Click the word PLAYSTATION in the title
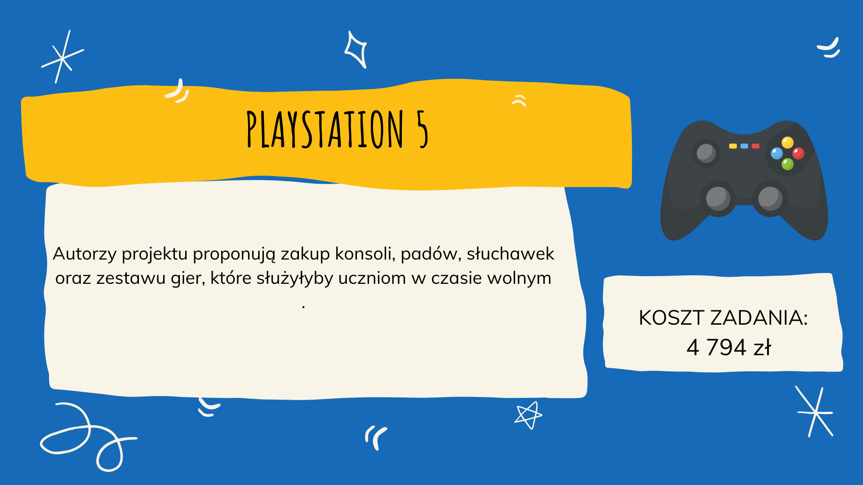tap(325, 129)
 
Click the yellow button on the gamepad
tap(787, 143)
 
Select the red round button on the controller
tap(798, 154)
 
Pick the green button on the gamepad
tap(787, 164)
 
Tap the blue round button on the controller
tap(777, 154)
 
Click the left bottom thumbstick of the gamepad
tap(718, 198)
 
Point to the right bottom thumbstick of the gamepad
tap(770, 198)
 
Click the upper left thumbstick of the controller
tap(706, 153)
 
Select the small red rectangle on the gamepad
tap(756, 146)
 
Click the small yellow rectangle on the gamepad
tap(733, 146)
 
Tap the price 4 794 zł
tap(729, 347)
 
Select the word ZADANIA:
tap(759, 318)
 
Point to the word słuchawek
tap(511, 254)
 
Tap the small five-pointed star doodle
tap(529, 415)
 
